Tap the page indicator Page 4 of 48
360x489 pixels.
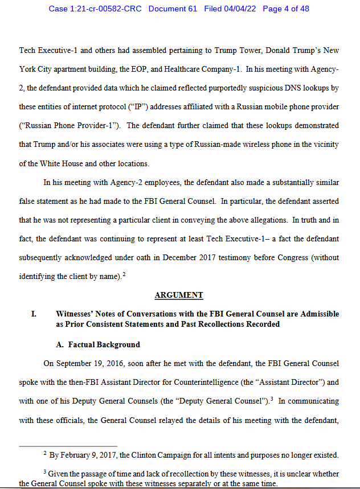pos(286,9)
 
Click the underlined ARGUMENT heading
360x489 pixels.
pos(178,295)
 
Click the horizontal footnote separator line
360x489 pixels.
pos(68,446)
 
